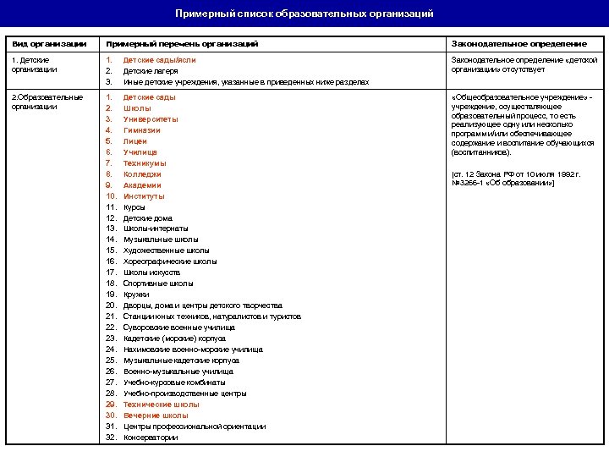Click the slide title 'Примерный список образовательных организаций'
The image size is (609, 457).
coord(304,14)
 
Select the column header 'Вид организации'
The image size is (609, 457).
coord(48,43)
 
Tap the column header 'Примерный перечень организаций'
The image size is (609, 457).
coord(182,43)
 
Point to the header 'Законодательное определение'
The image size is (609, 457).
coord(518,43)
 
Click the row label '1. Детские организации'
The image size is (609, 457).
coord(31,65)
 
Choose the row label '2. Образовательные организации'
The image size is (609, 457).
coord(46,102)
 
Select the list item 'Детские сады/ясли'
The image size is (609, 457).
coord(159,60)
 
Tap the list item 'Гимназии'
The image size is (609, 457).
coord(142,130)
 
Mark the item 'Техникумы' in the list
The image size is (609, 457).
coord(145,163)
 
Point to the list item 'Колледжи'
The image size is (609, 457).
coord(142,174)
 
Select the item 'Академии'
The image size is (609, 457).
coord(142,185)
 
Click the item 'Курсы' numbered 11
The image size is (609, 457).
coord(134,207)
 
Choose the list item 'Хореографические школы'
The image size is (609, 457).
coord(170,262)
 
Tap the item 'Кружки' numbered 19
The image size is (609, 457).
coord(136,295)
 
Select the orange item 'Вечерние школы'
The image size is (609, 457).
coord(156,416)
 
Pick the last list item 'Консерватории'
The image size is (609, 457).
coord(151,438)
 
